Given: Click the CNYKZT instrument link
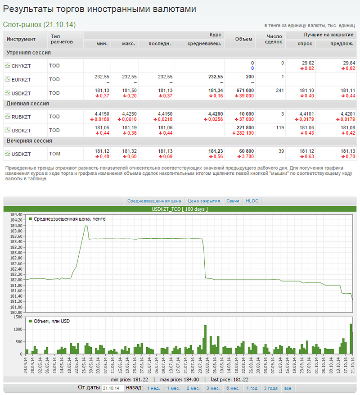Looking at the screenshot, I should (21, 66).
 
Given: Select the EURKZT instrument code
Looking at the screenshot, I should (21, 79).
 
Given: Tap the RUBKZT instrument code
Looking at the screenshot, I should (21, 117).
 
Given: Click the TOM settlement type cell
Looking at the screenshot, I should (55, 154).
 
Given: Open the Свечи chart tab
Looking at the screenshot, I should (233, 201).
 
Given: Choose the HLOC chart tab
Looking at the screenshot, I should (252, 201).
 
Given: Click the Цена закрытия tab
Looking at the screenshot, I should (204, 201).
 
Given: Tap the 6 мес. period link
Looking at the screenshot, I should (233, 388).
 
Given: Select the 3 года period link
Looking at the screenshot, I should (270, 388).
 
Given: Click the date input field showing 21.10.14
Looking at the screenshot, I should (113, 388).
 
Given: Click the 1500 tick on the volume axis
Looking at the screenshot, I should (18, 317).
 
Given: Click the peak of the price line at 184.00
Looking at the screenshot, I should (85, 226).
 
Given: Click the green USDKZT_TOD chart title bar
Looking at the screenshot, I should (180, 209).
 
